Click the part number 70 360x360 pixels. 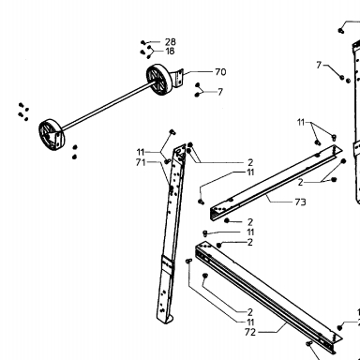(220, 72)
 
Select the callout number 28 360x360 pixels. (171, 42)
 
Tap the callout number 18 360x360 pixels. (170, 51)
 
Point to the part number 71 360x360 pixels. (141, 162)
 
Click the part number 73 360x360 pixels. (300, 202)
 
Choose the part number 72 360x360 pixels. (250, 332)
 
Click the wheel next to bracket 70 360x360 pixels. (159, 79)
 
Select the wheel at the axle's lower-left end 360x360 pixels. (52, 135)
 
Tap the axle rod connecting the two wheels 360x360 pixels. (106, 106)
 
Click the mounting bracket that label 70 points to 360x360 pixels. (178, 78)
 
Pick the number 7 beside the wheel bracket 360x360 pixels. (220, 92)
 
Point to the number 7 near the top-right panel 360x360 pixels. (319, 65)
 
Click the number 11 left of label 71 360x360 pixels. (141, 152)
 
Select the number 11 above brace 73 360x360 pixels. (301, 122)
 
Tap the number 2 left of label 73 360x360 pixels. (300, 182)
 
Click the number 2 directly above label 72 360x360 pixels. (250, 312)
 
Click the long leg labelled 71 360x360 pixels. (172, 232)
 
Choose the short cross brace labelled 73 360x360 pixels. (275, 183)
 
